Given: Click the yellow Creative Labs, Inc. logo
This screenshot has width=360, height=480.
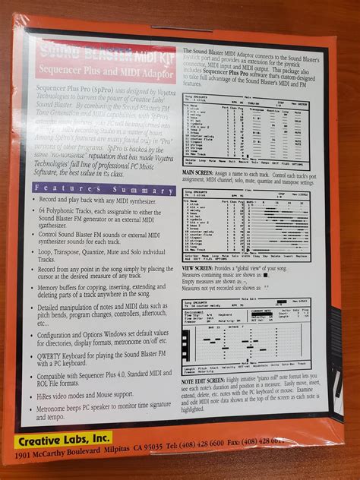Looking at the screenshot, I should pyautogui.click(x=63, y=439).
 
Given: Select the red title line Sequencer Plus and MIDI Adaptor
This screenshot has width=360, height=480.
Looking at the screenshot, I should pyautogui.click(x=106, y=75).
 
